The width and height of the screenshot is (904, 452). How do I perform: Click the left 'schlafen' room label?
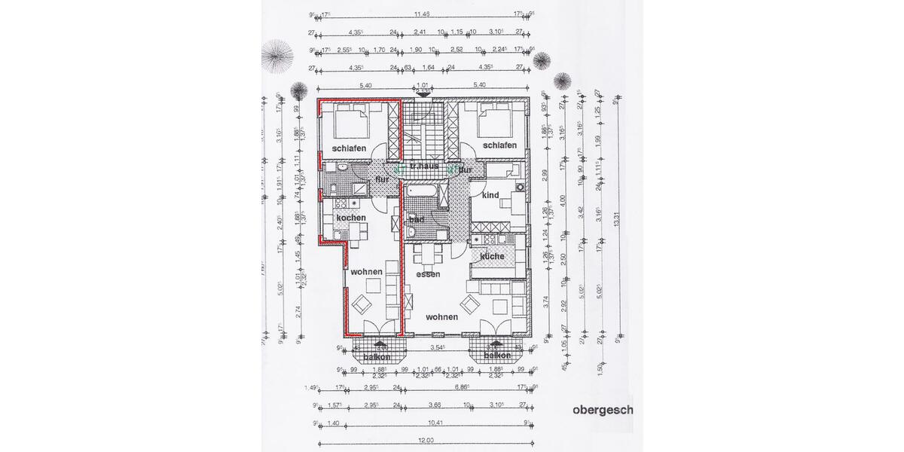point(348,148)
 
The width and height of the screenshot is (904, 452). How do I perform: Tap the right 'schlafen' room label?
point(499,145)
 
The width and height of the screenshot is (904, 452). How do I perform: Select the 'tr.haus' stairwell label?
point(424,165)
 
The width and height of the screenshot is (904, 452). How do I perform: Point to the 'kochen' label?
point(350,218)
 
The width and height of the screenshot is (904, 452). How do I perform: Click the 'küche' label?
point(492,256)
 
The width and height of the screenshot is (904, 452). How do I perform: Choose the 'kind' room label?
point(490,195)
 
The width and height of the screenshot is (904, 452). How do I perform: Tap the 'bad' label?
point(416,218)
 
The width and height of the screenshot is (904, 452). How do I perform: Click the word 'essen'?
point(428,274)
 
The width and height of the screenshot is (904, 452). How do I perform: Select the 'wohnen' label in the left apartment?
point(367,271)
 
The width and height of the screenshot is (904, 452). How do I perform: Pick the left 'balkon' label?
point(377,356)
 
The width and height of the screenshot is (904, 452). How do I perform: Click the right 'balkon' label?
point(497,356)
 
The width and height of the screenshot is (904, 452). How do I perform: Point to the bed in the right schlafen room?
point(498,118)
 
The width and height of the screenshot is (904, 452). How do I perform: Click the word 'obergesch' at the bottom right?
point(603,411)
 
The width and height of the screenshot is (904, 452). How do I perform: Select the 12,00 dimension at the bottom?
point(426,439)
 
